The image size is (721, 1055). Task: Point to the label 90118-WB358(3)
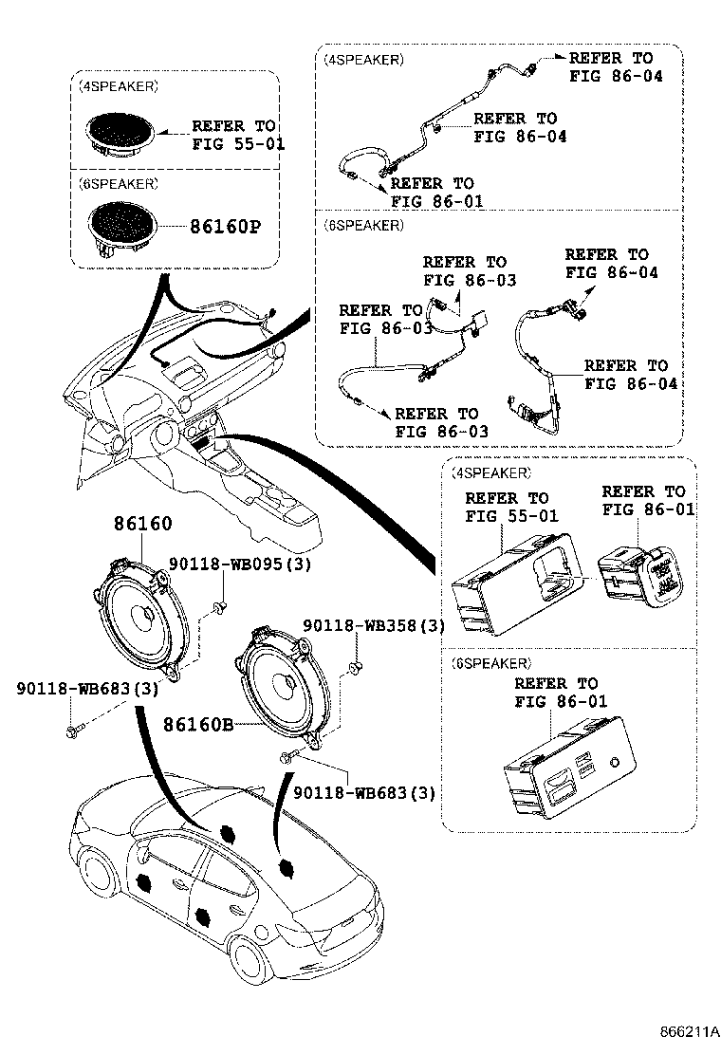[x=374, y=626]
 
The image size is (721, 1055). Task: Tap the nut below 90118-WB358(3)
[x=357, y=668]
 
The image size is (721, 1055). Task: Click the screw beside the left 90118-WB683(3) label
[x=74, y=730]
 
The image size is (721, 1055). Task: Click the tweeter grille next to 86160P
[x=122, y=224]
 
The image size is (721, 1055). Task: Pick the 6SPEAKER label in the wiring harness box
[x=362, y=226]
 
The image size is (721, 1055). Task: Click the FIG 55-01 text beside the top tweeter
[x=238, y=144]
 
